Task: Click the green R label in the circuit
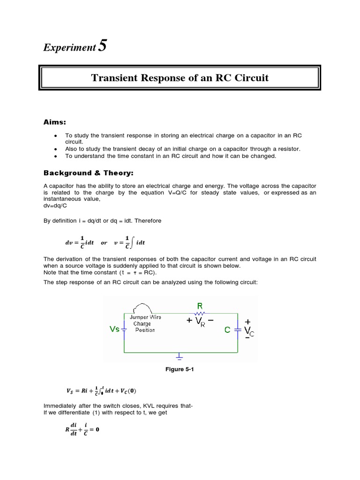200,307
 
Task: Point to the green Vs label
115,330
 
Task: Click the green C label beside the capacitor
227,330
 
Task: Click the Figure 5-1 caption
180,369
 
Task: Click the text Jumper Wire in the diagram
145,317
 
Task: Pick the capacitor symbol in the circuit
238,330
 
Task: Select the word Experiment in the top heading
69,48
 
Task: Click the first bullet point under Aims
56,135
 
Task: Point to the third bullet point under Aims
56,156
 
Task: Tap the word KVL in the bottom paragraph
146,405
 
